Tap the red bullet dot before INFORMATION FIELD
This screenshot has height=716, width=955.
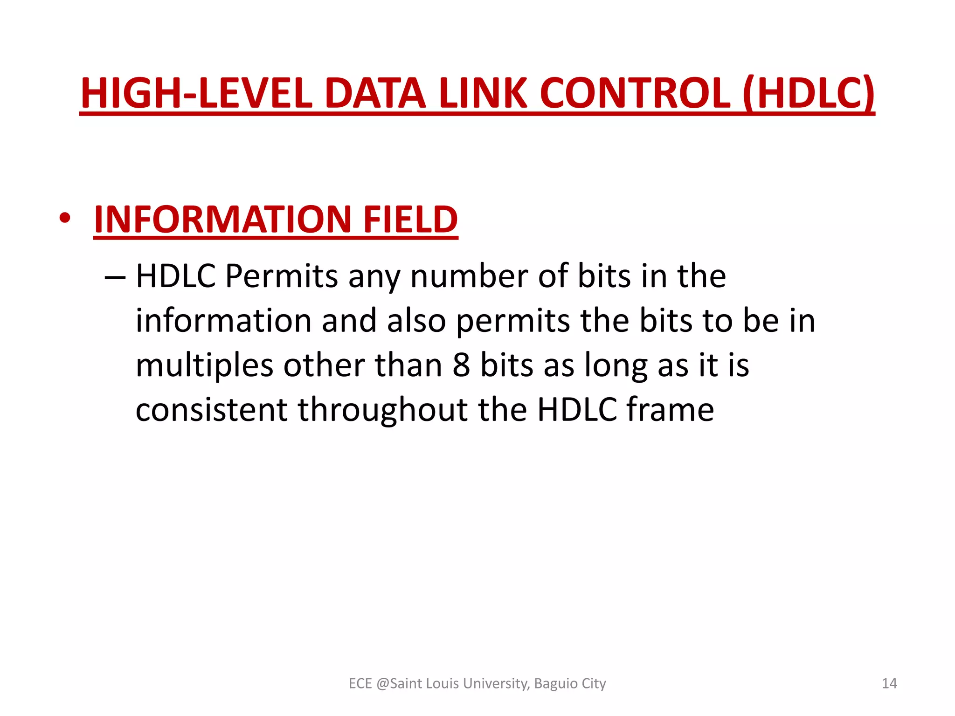pos(65,218)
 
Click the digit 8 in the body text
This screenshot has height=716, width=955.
pos(461,365)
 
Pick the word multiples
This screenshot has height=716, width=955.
pos(204,366)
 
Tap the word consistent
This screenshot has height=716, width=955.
pos(211,410)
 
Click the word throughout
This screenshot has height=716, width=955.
pos(383,410)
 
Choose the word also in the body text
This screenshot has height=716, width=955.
pos(416,321)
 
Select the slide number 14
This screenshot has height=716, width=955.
pos(889,683)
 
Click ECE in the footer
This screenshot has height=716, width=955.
pos(360,683)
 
